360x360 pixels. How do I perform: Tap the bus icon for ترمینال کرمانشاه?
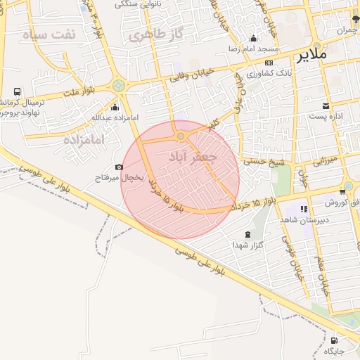pos(17,92)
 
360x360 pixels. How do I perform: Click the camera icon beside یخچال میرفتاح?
pos(119,167)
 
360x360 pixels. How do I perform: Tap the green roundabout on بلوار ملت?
pos(119,86)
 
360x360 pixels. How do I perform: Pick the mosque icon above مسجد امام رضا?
pos(253,39)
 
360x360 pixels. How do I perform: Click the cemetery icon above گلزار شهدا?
pos(247,235)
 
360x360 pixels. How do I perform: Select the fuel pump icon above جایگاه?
pos(334,341)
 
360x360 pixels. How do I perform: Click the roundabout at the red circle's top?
pos(181,136)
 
